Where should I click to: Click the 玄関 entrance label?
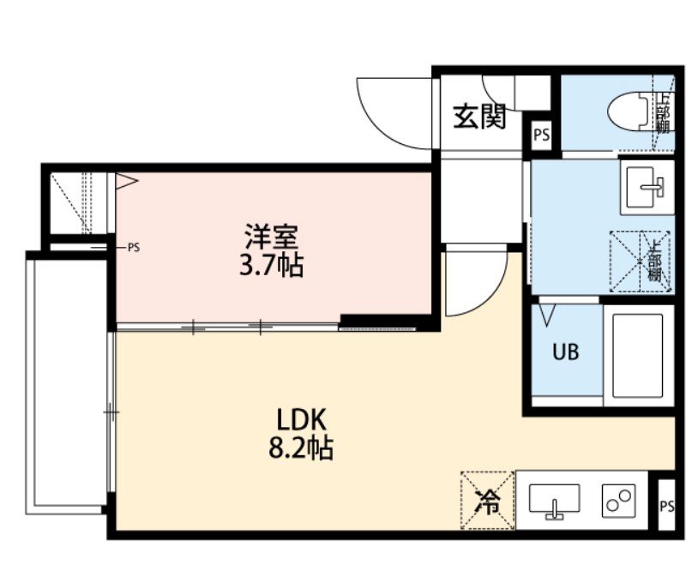coord(479,117)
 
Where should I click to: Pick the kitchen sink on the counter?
coord(554,500)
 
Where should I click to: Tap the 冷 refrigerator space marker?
coord(486,501)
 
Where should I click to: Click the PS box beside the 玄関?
coord(541,135)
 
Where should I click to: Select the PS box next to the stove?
coord(666,507)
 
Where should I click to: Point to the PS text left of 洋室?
coord(133,248)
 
